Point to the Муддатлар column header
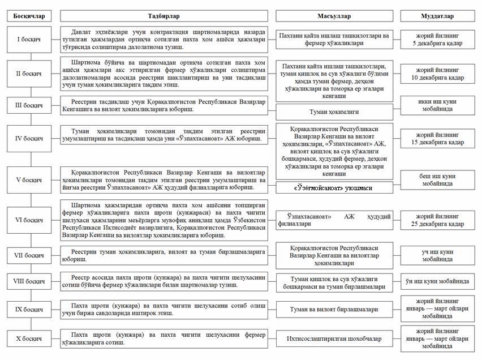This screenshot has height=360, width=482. tap(437, 16)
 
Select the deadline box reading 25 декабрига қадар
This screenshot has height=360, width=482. tap(437, 221)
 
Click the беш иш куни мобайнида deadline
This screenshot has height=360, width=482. tap(437, 179)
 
